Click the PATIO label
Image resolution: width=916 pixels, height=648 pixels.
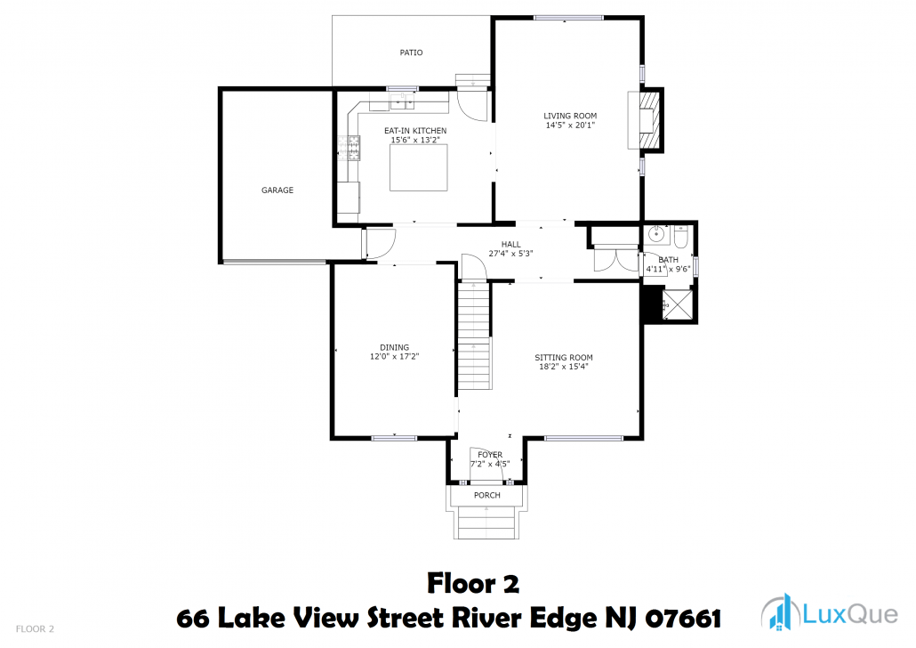point(411,53)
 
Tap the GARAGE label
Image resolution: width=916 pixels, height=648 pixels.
point(277,190)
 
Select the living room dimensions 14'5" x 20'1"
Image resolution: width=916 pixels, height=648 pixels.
point(570,126)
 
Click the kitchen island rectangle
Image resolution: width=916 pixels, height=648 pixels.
point(419,167)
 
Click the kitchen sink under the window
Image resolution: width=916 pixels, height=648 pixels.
point(402,101)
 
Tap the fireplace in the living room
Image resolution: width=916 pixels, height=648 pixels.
point(646,120)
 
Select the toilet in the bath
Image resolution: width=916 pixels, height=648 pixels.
point(681,237)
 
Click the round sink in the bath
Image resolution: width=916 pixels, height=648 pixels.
point(657,235)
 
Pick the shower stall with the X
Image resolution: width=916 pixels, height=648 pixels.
point(678,304)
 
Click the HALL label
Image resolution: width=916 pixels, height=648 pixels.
point(510,245)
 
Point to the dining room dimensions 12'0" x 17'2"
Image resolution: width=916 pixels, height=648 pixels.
point(394,356)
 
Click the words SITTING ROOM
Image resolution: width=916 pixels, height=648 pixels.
point(564,357)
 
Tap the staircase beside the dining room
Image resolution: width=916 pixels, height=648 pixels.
point(474,335)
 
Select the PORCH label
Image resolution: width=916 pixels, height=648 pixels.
point(487,496)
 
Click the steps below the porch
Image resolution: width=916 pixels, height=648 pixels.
point(486,522)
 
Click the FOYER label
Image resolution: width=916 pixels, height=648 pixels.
point(490,455)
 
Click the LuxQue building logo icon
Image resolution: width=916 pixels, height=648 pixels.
point(781,612)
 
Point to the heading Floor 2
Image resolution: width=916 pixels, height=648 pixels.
point(473,584)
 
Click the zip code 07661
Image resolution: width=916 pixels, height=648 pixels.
point(683,618)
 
